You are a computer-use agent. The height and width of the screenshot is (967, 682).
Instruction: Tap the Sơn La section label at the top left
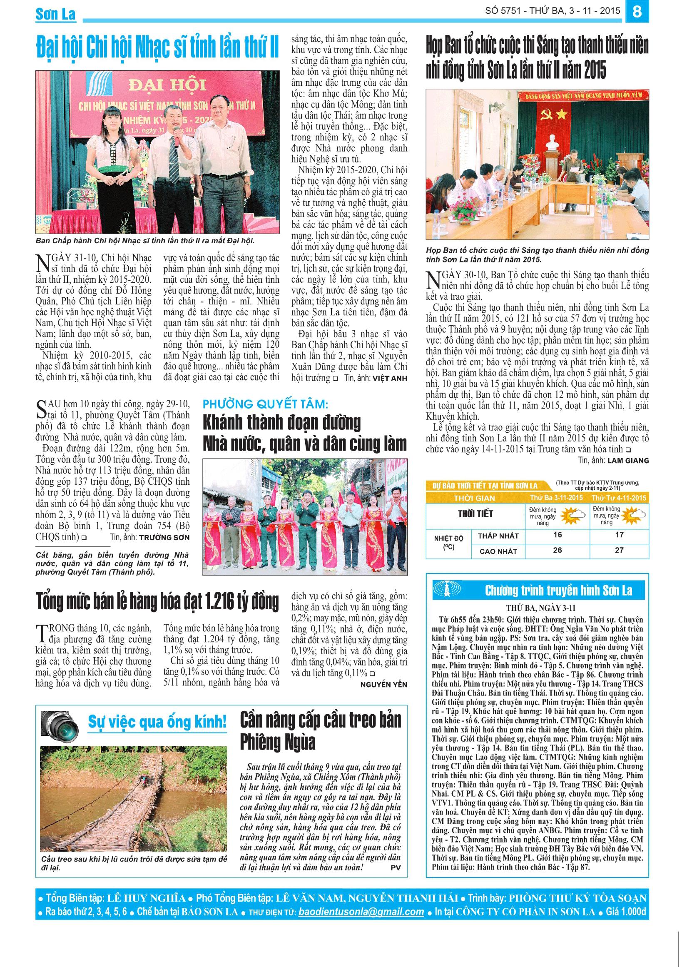point(55,14)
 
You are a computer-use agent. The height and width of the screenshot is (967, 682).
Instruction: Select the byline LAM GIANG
point(628,460)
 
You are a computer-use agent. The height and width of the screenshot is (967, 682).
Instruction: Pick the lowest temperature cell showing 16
point(558,535)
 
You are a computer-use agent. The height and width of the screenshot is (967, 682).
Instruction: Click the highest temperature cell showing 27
point(619,550)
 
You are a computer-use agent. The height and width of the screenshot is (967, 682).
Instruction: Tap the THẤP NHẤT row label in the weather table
point(498,536)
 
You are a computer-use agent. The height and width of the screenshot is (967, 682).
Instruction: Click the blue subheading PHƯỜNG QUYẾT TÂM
point(265,405)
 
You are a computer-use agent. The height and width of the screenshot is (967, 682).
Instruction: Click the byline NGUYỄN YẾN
point(383,684)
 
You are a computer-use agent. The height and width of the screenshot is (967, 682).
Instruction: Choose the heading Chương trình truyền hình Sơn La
point(558,591)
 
